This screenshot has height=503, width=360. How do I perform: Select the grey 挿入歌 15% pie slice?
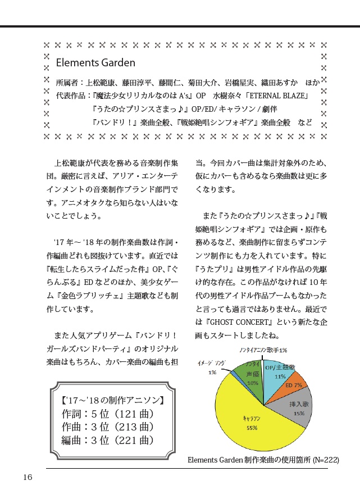pyautogui.click(x=297, y=409)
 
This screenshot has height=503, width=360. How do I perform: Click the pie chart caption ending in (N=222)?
pyautogui.click(x=263, y=460)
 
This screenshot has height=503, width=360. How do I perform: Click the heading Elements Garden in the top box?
pyautogui.click(x=95, y=63)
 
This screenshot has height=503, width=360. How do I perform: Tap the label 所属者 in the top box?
pyautogui.click(x=68, y=82)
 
